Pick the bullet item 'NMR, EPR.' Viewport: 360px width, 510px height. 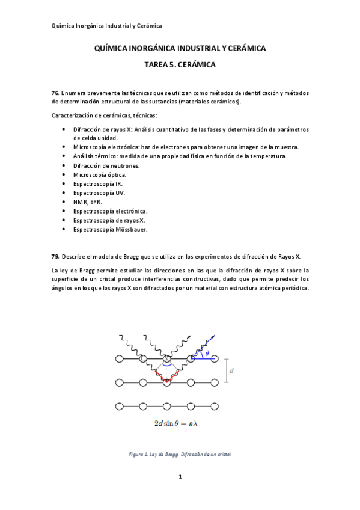coord(88,202)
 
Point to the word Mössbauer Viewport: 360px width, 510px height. coord(130,229)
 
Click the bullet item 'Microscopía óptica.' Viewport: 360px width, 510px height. coord(100,174)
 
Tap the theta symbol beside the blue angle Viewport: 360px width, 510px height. coord(207,355)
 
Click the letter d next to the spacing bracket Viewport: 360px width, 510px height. coord(231,370)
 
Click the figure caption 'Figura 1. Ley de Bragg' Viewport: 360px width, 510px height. coord(180,454)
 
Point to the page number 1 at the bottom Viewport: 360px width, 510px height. coord(180,477)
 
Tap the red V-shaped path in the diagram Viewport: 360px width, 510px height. coord(166,375)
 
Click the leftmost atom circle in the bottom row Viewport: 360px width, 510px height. coord(119,405)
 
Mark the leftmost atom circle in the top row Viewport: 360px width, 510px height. coord(119,359)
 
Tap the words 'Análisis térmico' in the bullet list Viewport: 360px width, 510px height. coord(95,156)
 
